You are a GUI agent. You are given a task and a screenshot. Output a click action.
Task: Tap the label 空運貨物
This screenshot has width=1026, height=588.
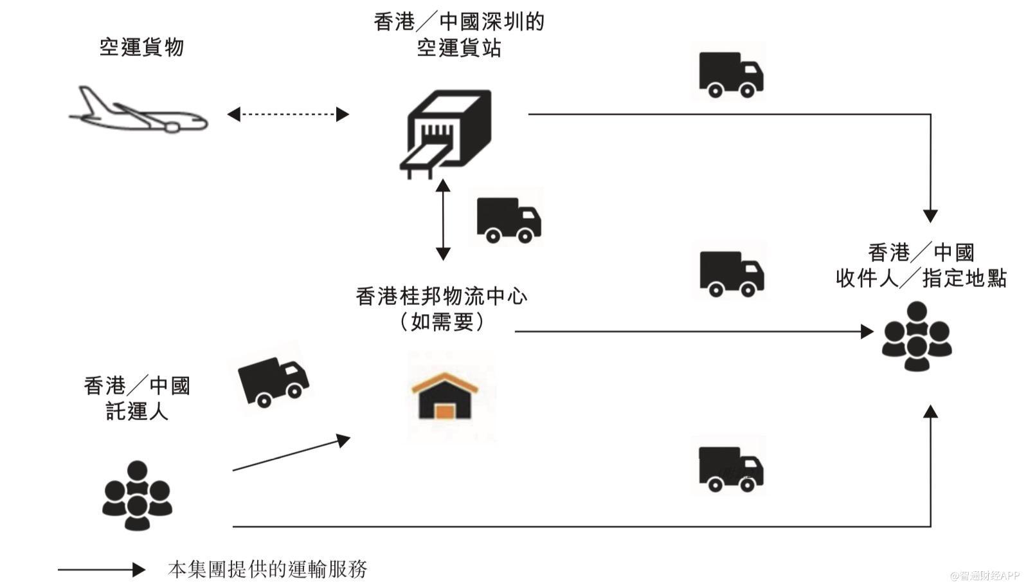[x=141, y=47]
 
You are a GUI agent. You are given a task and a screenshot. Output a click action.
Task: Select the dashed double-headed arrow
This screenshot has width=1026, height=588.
[x=288, y=115]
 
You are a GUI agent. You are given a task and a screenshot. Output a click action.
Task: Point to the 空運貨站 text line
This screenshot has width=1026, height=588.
[x=458, y=48]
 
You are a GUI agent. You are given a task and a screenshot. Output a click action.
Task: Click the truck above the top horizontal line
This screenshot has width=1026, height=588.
[x=731, y=74]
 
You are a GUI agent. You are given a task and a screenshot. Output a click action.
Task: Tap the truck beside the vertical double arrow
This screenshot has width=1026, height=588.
[x=509, y=219]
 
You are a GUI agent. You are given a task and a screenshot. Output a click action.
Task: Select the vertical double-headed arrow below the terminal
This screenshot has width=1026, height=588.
[x=443, y=219]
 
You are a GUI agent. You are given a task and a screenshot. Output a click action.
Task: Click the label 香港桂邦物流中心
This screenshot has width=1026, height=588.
[x=442, y=296]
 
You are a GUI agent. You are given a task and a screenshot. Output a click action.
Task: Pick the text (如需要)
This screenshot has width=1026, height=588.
[x=442, y=322]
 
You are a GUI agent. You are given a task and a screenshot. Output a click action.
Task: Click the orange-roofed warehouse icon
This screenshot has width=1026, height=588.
[x=445, y=396]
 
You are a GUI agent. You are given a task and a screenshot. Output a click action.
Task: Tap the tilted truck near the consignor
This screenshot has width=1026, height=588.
[x=273, y=381]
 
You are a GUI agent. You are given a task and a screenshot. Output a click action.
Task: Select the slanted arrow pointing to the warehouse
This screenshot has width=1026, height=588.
[x=291, y=454]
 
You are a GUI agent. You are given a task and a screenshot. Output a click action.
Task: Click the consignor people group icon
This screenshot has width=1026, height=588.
[x=137, y=495]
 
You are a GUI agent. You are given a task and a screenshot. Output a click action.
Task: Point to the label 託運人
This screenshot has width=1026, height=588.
[x=137, y=411]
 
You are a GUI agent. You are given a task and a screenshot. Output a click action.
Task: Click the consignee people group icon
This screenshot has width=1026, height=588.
[x=916, y=336]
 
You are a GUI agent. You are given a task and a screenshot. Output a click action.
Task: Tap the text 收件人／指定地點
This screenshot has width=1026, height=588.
[x=921, y=279]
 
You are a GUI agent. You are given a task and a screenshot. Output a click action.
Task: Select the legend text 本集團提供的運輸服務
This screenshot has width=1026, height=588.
[x=267, y=569]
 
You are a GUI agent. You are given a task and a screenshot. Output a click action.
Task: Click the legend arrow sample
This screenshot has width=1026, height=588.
[x=102, y=569]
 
